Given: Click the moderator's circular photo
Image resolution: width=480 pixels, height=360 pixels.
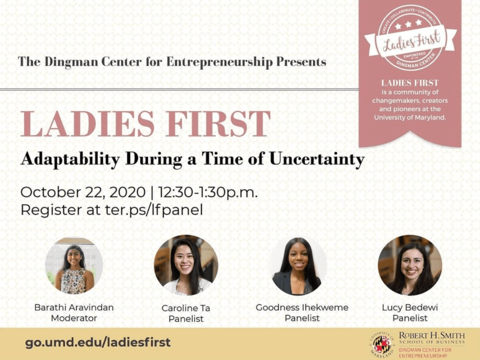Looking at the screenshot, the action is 74,265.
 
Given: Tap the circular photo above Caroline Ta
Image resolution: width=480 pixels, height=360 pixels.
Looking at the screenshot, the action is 186,265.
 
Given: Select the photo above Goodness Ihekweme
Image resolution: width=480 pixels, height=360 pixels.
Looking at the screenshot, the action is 297,266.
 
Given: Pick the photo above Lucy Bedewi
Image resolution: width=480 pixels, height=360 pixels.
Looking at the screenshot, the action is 410,265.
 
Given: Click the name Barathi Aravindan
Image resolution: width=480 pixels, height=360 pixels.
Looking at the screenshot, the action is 74,307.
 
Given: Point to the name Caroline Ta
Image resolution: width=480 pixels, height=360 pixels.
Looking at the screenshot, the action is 186,308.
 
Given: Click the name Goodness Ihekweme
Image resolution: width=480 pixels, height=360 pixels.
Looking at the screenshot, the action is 302,307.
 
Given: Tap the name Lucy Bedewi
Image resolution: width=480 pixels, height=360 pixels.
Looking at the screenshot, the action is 410,307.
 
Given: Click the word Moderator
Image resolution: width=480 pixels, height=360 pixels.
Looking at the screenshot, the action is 74,318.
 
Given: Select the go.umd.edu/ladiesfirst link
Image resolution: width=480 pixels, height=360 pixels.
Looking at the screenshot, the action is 98,342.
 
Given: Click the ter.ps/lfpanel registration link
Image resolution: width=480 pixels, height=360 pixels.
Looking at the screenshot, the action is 154,210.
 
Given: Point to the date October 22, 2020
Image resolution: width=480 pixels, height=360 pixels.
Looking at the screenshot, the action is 83,192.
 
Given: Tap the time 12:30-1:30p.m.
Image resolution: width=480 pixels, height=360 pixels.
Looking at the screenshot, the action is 208,192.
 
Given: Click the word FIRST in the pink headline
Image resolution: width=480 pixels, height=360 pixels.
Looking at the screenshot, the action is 218,124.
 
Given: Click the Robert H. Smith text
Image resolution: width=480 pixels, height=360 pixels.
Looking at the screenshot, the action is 432,335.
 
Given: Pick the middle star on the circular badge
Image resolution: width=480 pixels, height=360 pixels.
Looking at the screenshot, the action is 408,24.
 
